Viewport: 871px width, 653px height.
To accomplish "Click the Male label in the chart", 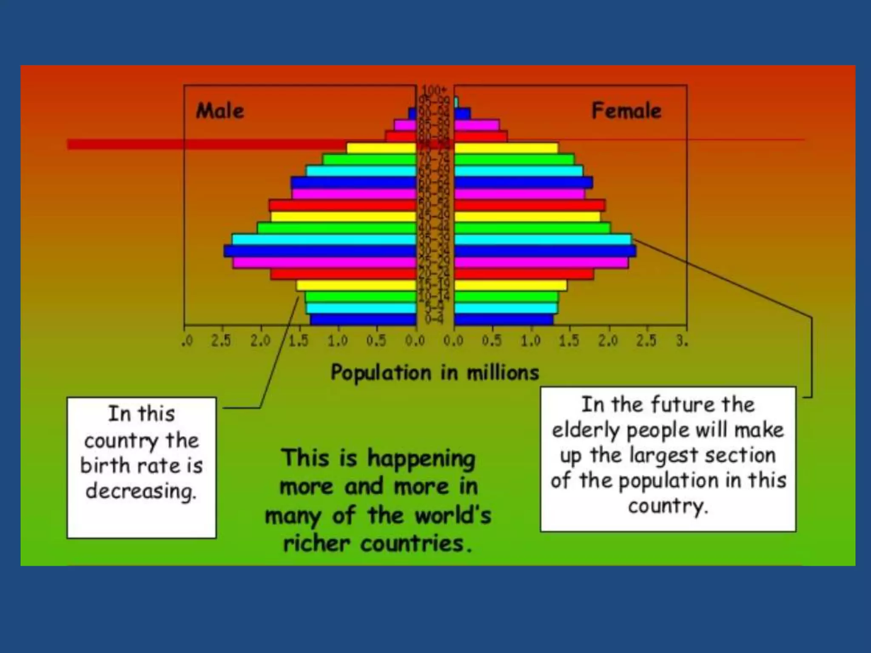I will pos(220,111).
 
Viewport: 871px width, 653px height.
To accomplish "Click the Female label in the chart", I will pos(626,111).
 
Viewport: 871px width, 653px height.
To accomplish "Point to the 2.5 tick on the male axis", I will pos(221,341).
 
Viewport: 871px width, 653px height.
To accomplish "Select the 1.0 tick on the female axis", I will pos(531,341).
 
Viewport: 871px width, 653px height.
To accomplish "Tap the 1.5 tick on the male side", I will pos(299,341).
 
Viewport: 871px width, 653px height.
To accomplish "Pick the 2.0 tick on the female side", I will pos(608,341).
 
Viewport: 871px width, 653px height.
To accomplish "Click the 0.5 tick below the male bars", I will pos(376,341).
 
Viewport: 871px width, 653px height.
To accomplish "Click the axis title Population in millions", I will pos(435,373).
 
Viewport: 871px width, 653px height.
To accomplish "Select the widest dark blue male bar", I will pos(320,251).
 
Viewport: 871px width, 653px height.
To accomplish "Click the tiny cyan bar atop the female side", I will pos(456,102).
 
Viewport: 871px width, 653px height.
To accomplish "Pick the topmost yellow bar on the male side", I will pos(381,148).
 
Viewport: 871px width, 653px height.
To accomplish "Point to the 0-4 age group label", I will pos(434,319).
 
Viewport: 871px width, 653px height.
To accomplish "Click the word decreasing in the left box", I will pos(141,491).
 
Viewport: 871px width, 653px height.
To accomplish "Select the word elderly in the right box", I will pos(586,430).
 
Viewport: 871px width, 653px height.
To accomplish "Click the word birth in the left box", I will pos(106,466).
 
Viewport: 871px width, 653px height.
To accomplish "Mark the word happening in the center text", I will pos(421,460).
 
